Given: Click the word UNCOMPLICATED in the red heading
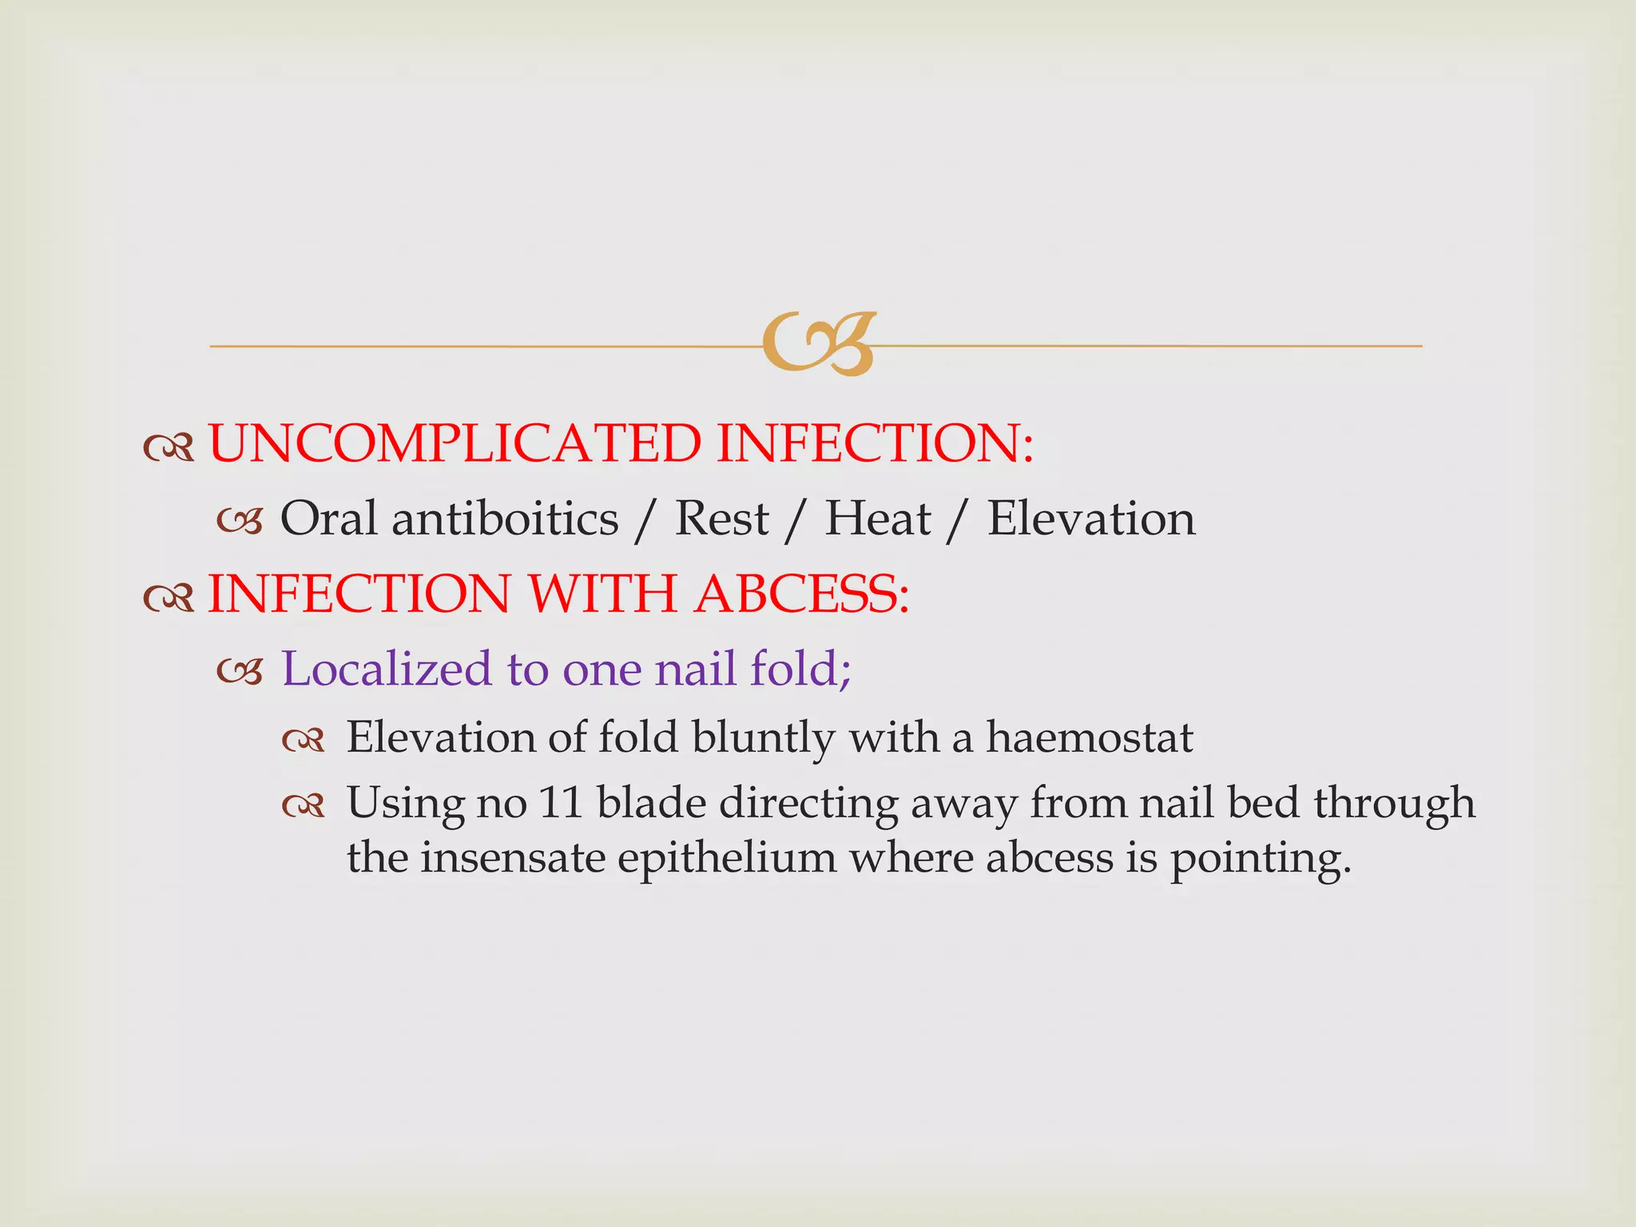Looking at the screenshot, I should [x=455, y=444].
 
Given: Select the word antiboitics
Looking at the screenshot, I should [x=505, y=519].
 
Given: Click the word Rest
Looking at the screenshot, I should [x=721, y=519].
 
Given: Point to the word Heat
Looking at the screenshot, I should [x=877, y=519].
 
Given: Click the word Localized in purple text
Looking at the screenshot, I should [x=387, y=669].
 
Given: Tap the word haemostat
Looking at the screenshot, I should [x=1089, y=737].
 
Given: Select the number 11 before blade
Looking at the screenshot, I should [x=561, y=803].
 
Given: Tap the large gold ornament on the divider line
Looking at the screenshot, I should [x=819, y=343].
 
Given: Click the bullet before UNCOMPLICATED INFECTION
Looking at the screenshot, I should [x=169, y=448].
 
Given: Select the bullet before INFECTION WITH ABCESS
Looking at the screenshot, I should [x=169, y=598].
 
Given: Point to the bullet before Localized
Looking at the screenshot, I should [x=240, y=673].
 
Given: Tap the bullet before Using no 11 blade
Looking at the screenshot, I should [x=304, y=807].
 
